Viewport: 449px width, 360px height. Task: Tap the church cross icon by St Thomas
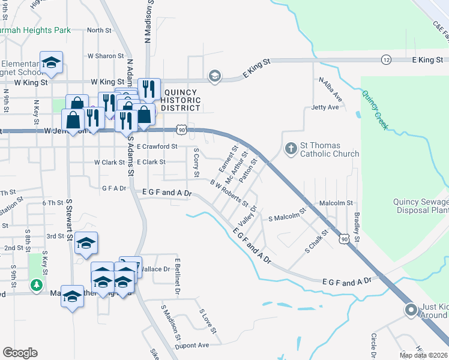pyautogui.click(x=291, y=148)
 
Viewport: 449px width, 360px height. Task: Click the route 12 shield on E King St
pyautogui.click(x=386, y=59)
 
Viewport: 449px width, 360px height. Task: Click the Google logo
pyautogui.click(x=20, y=353)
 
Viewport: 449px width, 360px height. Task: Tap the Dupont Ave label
pyautogui.click(x=192, y=345)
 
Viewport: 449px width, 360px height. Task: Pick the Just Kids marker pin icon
pyautogui.click(x=411, y=310)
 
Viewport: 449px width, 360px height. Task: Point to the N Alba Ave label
pyautogui.click(x=330, y=89)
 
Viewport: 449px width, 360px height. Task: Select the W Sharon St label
pyautogui.click(x=105, y=56)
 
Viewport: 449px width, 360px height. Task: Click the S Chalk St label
pyautogui.click(x=317, y=240)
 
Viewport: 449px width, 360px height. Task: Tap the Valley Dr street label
pyautogui.click(x=247, y=215)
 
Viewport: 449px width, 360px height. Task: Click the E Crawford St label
pyautogui.click(x=157, y=146)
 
